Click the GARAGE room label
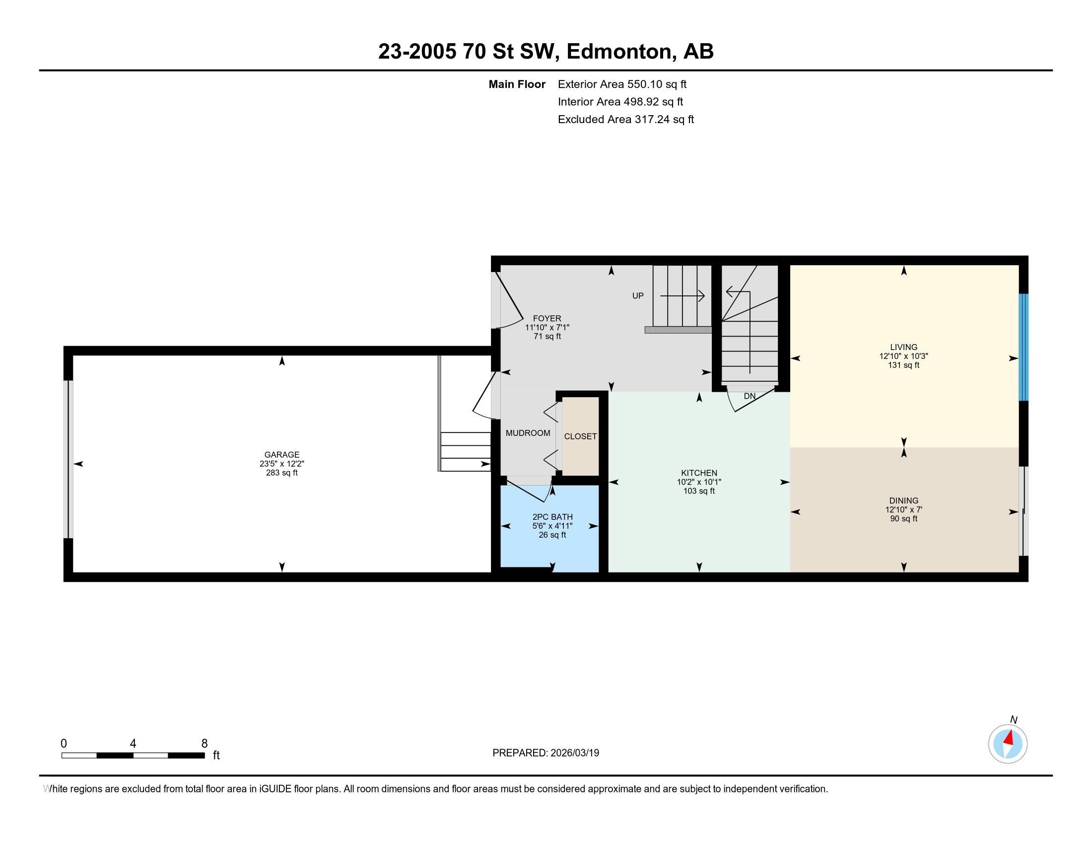point(282,454)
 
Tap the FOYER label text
point(547,319)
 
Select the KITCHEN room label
point(699,473)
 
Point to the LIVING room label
point(903,347)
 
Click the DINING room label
point(903,500)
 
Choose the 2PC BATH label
point(552,517)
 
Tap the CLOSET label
point(581,436)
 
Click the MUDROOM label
point(528,433)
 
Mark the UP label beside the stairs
point(638,295)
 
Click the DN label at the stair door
point(750,396)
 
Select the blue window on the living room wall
point(1024,347)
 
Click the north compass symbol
point(1008,743)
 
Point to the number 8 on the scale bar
point(205,744)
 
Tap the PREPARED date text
point(546,753)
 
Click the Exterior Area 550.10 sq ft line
point(622,84)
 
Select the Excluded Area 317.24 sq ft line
point(626,120)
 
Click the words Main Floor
point(517,84)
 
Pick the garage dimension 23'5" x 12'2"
point(282,464)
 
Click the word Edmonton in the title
point(619,52)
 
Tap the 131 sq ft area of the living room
point(903,365)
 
